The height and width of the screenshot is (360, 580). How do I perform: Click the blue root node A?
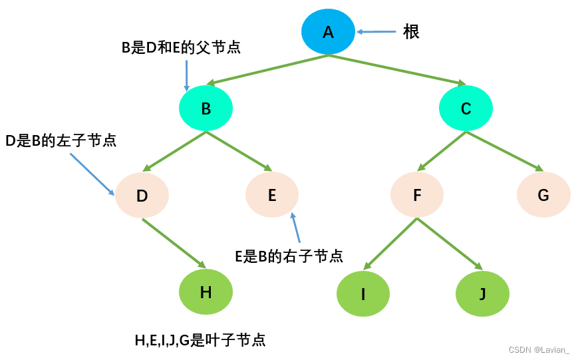[x=328, y=31]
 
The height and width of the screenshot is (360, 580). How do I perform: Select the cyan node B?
[x=206, y=108]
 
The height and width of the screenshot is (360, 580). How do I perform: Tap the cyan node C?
[x=466, y=108]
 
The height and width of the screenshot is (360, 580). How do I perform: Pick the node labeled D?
[x=142, y=196]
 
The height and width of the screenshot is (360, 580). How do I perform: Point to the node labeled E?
[x=272, y=195]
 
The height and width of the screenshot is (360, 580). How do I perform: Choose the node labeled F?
[x=417, y=195]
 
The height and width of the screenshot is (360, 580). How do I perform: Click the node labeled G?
[x=543, y=195]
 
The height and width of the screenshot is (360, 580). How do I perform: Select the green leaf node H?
[x=206, y=291]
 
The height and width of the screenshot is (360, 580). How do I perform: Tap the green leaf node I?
[x=363, y=293]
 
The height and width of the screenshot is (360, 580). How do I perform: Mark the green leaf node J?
[x=482, y=293]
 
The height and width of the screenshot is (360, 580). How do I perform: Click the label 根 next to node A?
[x=411, y=31]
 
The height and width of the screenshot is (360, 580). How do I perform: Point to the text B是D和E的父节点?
[x=180, y=48]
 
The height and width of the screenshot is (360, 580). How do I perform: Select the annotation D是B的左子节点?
[x=61, y=141]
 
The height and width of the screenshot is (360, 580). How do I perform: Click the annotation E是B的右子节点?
[x=289, y=256]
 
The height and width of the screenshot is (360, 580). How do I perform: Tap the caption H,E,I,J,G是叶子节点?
[x=200, y=340]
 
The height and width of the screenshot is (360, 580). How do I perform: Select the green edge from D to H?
[x=174, y=242]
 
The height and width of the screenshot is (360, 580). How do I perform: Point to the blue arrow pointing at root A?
[x=376, y=31]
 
